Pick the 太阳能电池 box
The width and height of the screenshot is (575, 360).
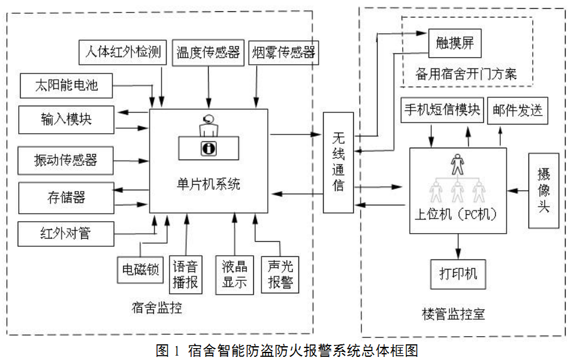tap(66, 85)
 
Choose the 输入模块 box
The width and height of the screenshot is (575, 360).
tap(66, 119)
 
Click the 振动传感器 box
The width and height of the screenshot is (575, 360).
tap(66, 160)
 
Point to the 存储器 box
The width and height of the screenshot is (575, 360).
tap(66, 198)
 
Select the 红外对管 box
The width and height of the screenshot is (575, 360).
tap(66, 234)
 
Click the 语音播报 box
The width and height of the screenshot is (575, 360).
tap(185, 275)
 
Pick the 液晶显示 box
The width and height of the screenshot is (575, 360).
tap(234, 275)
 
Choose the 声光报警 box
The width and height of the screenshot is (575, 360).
tap(280, 275)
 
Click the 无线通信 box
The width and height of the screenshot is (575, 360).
tap(338, 162)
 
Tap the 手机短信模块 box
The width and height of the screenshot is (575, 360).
tap(441, 111)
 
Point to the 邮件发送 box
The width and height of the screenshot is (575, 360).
tap(517, 111)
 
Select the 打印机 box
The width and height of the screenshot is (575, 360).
tap(457, 273)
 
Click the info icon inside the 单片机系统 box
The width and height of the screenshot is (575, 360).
tap(208, 148)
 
